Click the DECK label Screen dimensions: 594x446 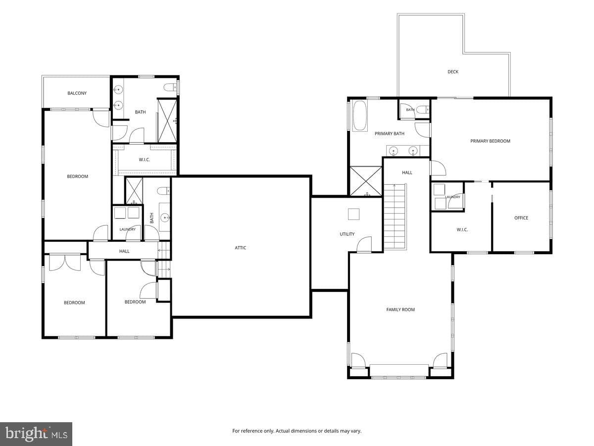453,72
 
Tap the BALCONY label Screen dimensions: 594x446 77,93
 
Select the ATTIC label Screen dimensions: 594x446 240,248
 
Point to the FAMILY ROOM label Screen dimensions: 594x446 400,310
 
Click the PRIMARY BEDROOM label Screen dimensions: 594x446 490,141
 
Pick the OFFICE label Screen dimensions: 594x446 521,218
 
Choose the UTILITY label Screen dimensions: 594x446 347,234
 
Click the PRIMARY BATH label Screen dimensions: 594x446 390,133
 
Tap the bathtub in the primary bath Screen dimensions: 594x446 360,116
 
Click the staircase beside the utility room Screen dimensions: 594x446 395,217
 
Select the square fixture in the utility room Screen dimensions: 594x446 353,214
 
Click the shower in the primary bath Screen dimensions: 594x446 366,181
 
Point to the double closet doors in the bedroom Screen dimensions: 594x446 65,263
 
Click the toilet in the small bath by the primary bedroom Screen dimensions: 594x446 423,110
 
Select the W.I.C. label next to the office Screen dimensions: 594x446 462,230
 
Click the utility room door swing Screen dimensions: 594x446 364,244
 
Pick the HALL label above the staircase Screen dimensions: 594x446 407,173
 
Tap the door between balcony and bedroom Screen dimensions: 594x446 101,118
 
